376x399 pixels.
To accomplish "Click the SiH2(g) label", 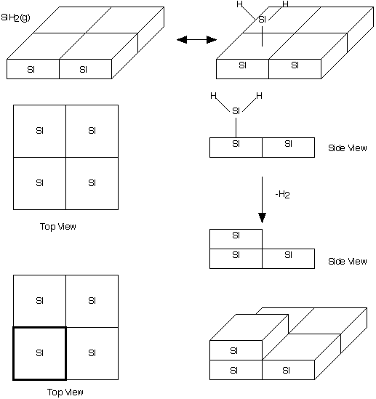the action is pyautogui.click(x=15, y=18).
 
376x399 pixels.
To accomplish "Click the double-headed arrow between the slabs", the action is pyautogui.click(x=196, y=40).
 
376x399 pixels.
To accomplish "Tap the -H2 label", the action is pyautogui.click(x=283, y=195).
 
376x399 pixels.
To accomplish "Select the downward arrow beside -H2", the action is pyautogui.click(x=263, y=200).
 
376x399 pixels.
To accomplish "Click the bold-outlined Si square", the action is pyautogui.click(x=40, y=353).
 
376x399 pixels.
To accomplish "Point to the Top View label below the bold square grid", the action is pyautogui.click(x=65, y=392).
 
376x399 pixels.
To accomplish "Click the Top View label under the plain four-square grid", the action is pyautogui.click(x=58, y=227).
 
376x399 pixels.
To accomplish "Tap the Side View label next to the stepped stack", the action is pyautogui.click(x=348, y=262).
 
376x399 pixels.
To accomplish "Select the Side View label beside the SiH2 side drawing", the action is pyautogui.click(x=348, y=148).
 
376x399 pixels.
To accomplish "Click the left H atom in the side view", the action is pyautogui.click(x=213, y=96).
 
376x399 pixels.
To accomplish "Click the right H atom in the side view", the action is pyautogui.click(x=259, y=96).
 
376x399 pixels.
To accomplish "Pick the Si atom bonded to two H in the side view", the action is pyautogui.click(x=236, y=111).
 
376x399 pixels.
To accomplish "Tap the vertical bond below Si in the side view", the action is pyautogui.click(x=236, y=128).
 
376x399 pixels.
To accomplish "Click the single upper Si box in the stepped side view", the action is pyautogui.click(x=236, y=239).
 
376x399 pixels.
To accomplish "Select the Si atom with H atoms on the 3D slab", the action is pyautogui.click(x=263, y=19).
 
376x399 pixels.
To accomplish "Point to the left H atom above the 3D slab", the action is pyautogui.click(x=239, y=4).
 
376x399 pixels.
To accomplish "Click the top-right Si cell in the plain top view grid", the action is pyautogui.click(x=92, y=131).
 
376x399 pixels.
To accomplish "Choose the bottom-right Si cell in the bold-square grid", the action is pyautogui.click(x=92, y=353).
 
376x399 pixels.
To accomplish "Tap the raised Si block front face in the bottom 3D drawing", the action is pyautogui.click(x=236, y=350).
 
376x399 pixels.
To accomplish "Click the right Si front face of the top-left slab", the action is pyautogui.click(x=86, y=69).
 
